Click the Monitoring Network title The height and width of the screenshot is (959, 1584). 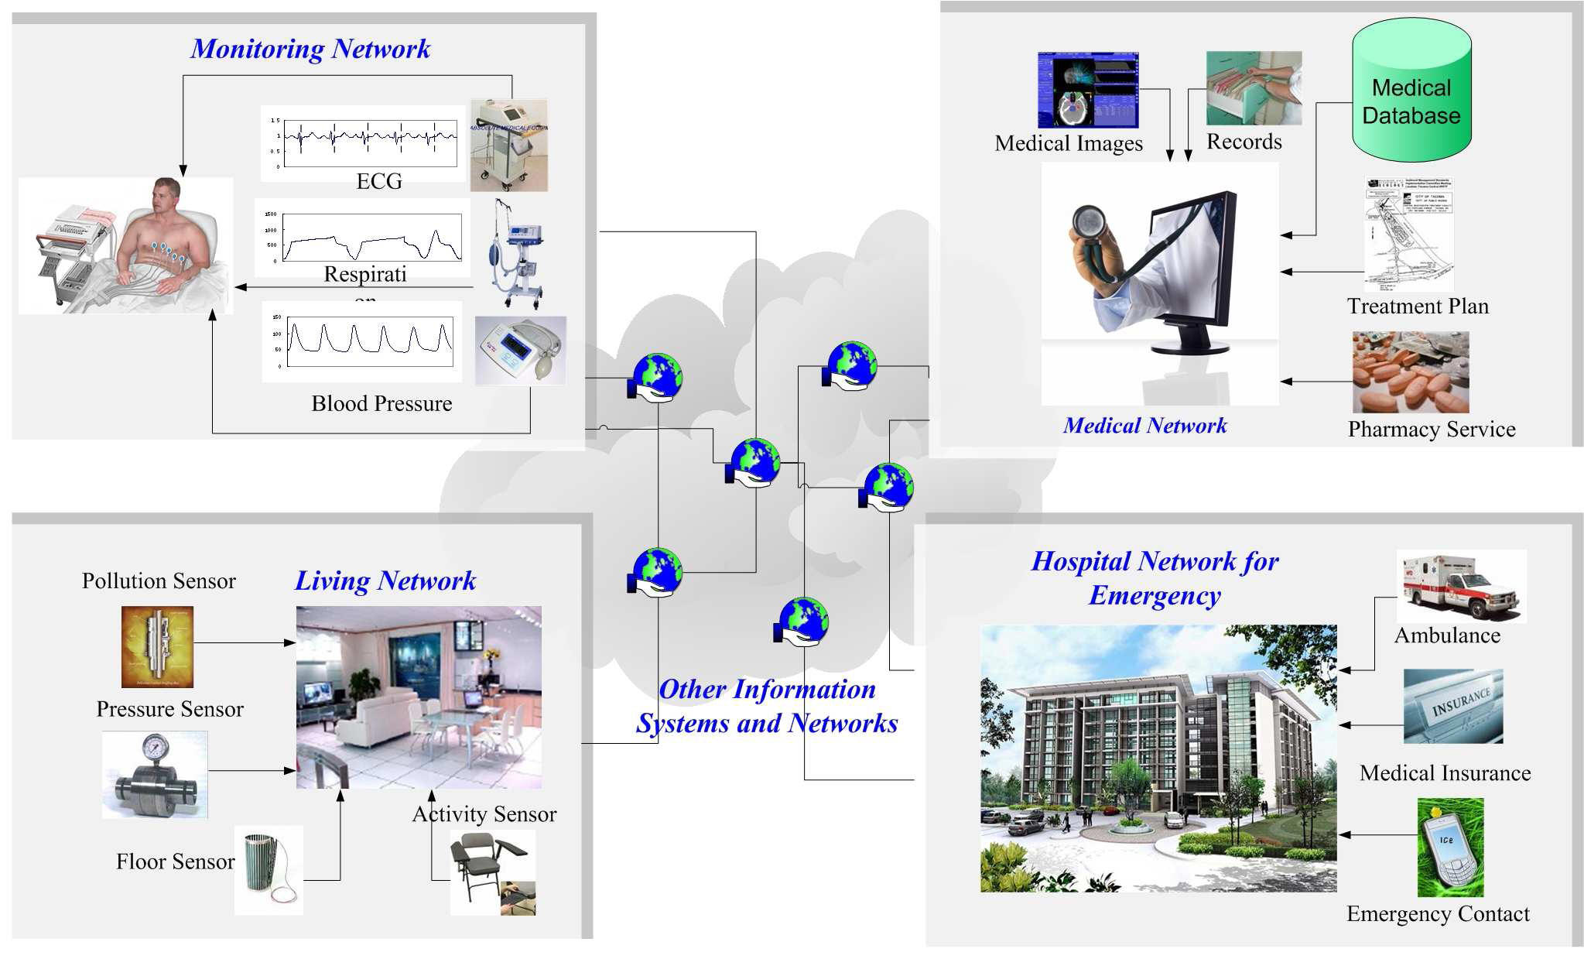[x=310, y=49]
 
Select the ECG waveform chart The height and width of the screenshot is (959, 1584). [x=364, y=142]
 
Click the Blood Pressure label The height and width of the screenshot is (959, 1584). [x=381, y=403]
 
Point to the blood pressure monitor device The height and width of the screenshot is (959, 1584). [x=520, y=351]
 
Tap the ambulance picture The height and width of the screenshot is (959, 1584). [x=1461, y=586]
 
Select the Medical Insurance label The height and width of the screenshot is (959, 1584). [x=1445, y=772]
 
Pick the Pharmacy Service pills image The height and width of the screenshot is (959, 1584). [x=1410, y=372]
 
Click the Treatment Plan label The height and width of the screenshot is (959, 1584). [x=1418, y=307]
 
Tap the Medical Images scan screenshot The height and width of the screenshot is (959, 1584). [x=1087, y=90]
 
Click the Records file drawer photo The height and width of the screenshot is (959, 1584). [x=1254, y=88]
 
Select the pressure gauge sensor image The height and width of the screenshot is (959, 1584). [x=156, y=775]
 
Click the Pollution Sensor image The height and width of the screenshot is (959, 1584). [x=157, y=646]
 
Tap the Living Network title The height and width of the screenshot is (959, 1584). [x=385, y=581]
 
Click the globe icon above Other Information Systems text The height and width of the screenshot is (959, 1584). [x=802, y=621]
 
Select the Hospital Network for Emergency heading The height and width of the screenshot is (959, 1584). [x=1155, y=577]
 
